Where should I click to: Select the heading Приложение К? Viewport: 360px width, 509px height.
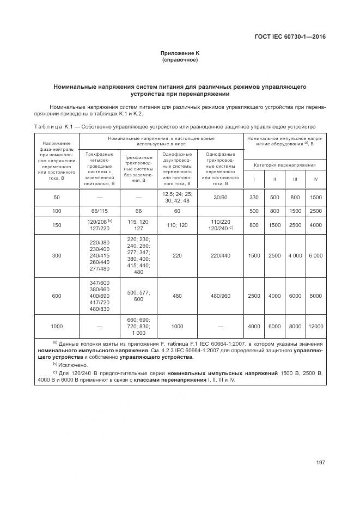(x=180, y=53)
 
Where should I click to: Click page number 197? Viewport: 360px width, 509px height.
(x=320, y=463)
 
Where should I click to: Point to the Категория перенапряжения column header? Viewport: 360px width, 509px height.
(x=284, y=164)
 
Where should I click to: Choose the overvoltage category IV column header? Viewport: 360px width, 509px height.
(x=315, y=179)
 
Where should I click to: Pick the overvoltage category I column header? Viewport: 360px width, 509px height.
(x=254, y=179)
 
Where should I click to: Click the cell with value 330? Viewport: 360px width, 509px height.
(x=254, y=197)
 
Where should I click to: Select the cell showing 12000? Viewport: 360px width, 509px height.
(x=315, y=326)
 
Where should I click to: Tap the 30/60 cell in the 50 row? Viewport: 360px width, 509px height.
(x=221, y=197)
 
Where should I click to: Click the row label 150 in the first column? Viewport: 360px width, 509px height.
(x=57, y=225)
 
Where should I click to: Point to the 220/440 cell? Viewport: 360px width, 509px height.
(x=221, y=255)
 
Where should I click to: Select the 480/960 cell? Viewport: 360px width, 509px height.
(x=221, y=296)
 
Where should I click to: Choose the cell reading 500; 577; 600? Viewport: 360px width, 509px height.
(x=138, y=296)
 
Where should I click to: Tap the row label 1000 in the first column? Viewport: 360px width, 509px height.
(x=57, y=326)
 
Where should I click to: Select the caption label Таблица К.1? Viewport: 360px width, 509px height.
(x=53, y=127)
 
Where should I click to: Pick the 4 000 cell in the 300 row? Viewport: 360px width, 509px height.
(x=295, y=255)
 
